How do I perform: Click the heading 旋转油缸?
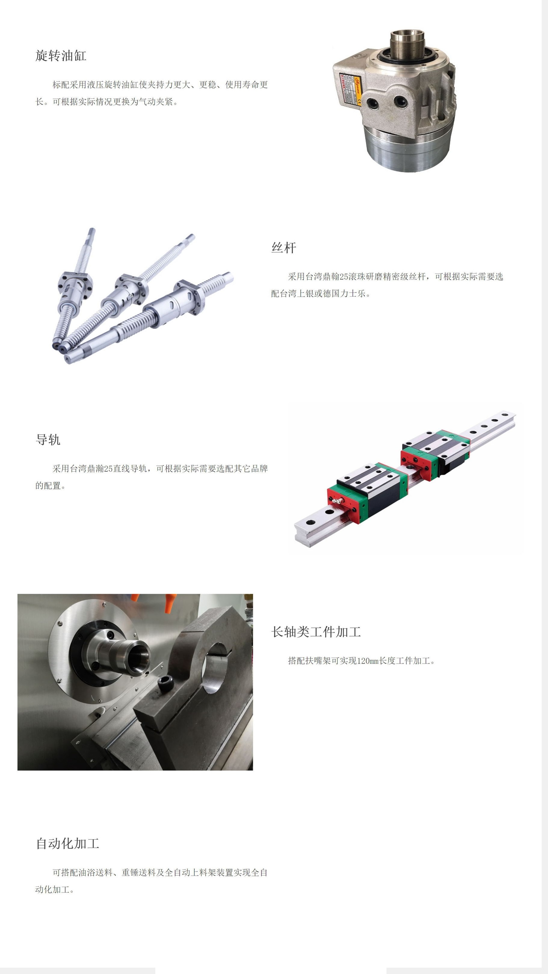pos(61,56)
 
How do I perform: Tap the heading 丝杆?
pos(284,248)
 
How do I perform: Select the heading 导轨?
pos(48,440)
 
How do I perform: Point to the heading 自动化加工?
pos(67,843)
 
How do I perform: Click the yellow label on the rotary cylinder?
pos(356,88)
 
